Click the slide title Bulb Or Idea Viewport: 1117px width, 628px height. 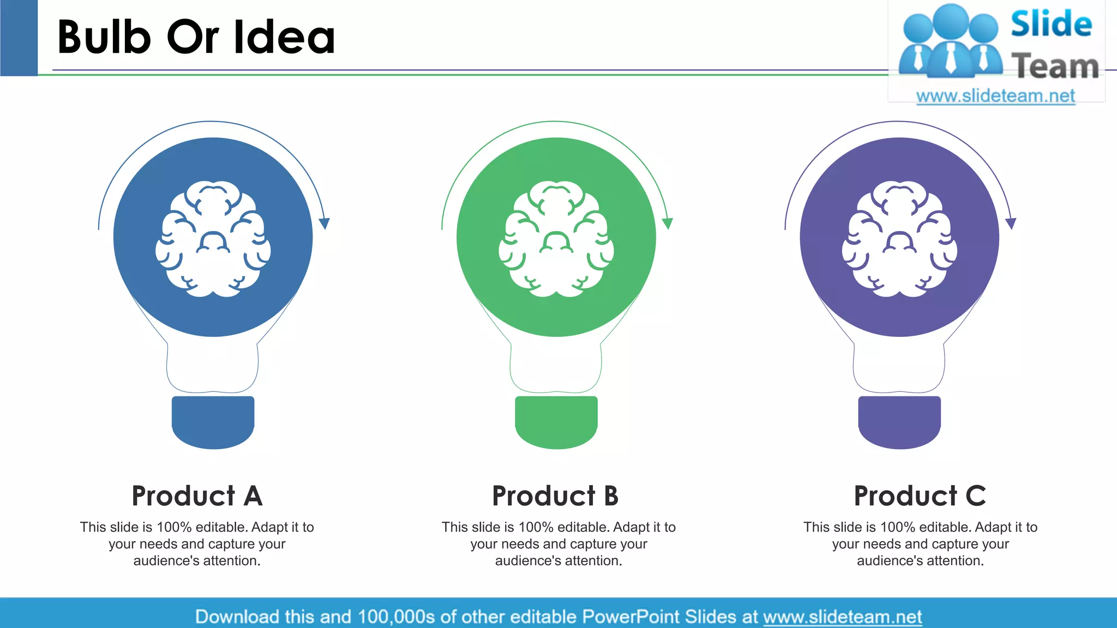click(196, 37)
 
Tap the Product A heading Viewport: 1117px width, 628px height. click(197, 496)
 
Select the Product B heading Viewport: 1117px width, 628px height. click(555, 496)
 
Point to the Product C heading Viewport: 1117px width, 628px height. click(920, 496)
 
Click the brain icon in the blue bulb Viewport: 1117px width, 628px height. click(213, 239)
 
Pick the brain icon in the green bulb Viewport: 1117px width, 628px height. click(556, 239)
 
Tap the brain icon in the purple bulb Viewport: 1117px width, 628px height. click(899, 239)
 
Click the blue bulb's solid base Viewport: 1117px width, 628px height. click(213, 421)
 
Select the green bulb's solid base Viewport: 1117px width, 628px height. click(556, 421)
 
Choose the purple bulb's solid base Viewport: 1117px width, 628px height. click(899, 421)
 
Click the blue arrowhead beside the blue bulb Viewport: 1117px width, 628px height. click(325, 224)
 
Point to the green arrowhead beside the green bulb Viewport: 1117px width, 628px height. click(668, 224)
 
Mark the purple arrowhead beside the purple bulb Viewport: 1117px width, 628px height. click(1011, 224)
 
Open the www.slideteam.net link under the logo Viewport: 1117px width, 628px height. click(995, 96)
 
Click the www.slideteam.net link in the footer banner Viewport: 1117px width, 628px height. click(842, 617)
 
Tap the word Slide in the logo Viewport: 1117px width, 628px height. click(1051, 25)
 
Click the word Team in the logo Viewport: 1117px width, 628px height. click(1055, 66)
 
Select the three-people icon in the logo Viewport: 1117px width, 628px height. click(951, 41)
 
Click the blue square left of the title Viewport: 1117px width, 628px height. click(19, 37)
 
